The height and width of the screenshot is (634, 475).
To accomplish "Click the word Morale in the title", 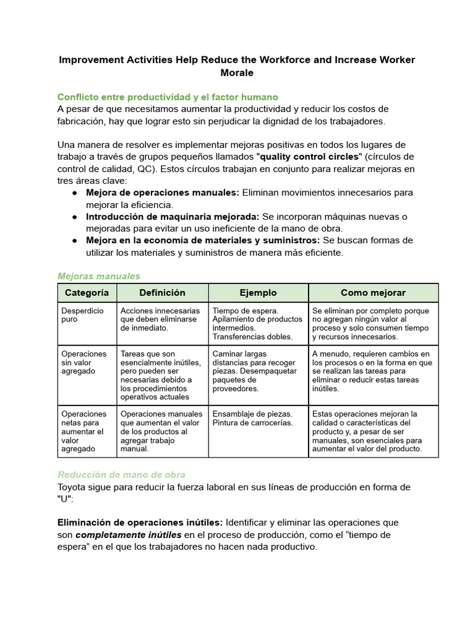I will (237, 73).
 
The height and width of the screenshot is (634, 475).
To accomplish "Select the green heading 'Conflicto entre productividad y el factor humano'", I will (168, 97).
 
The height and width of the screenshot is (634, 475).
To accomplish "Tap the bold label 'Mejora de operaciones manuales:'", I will (162, 193).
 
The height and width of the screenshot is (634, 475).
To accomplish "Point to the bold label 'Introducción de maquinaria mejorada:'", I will (173, 217).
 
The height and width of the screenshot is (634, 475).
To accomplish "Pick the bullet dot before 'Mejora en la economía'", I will (74, 240).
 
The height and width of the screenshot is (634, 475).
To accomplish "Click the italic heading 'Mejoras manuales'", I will (98, 276).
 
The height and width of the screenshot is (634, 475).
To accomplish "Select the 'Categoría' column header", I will (87, 293).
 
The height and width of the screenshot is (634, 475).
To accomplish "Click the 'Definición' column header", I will (162, 293).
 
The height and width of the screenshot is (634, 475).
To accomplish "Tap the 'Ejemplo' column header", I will (258, 293).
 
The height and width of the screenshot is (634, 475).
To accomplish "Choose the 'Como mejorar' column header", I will (373, 293).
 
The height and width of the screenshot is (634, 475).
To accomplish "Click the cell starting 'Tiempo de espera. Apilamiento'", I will (257, 323).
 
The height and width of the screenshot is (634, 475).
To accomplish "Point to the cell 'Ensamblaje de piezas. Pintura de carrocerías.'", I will (253, 419).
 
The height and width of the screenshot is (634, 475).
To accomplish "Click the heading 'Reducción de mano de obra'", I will (121, 475).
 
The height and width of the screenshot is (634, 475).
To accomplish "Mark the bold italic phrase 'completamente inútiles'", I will (129, 535).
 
